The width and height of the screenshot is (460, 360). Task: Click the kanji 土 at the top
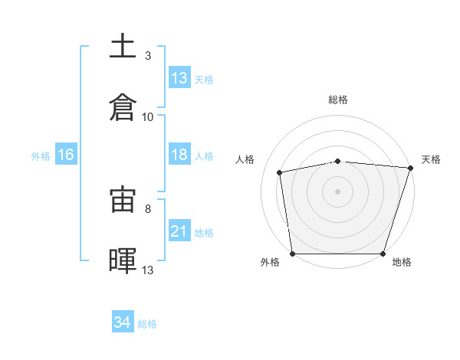[x=123, y=45]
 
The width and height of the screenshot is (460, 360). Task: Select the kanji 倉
[x=123, y=107]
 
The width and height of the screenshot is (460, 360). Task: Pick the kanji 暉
[x=123, y=260]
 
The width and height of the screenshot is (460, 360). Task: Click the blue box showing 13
[x=179, y=77]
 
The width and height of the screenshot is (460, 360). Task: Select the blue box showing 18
[x=179, y=154]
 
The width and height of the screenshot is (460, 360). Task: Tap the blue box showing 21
[x=179, y=230]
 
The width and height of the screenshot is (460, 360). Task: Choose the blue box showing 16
[x=66, y=154]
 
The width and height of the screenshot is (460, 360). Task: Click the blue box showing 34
[x=123, y=321]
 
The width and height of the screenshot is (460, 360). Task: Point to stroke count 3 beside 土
[x=148, y=56]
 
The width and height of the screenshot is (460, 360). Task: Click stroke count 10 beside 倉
[x=147, y=117]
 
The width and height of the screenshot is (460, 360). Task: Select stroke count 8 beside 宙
[x=148, y=209]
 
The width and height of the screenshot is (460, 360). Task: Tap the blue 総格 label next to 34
[x=147, y=324]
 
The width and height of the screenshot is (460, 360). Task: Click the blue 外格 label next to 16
[x=41, y=156]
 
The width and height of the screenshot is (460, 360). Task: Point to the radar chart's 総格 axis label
[x=338, y=100]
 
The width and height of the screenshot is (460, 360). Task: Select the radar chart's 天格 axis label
[x=431, y=159]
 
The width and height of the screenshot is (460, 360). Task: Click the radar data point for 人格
[x=280, y=172]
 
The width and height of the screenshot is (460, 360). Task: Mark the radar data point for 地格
[x=383, y=254]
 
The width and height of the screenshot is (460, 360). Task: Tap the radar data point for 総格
[x=338, y=162]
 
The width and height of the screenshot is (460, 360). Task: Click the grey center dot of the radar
[x=337, y=191]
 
